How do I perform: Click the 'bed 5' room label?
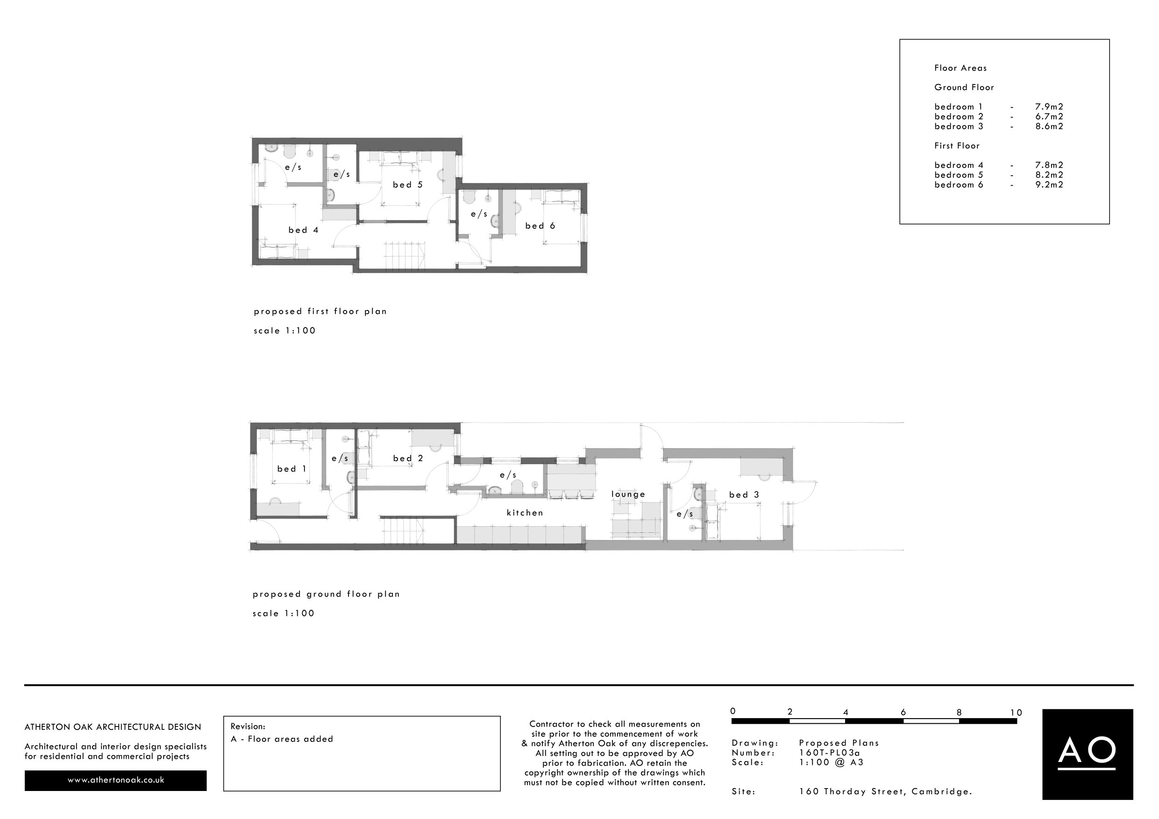pyautogui.click(x=408, y=185)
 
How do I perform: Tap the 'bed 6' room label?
pyautogui.click(x=540, y=226)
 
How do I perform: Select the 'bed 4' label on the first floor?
pyautogui.click(x=303, y=230)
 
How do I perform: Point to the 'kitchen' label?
pyautogui.click(x=525, y=513)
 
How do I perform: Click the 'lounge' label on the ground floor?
pyautogui.click(x=628, y=494)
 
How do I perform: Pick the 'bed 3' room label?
pyautogui.click(x=744, y=495)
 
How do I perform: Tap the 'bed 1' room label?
pyautogui.click(x=292, y=469)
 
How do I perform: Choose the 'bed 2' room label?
pyautogui.click(x=408, y=458)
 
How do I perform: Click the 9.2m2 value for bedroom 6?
pyautogui.click(x=1049, y=185)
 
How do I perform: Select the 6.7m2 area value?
pyautogui.click(x=1049, y=117)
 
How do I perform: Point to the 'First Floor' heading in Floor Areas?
pyautogui.click(x=957, y=146)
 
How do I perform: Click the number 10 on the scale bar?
pyautogui.click(x=1016, y=713)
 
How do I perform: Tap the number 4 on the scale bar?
pyautogui.click(x=846, y=713)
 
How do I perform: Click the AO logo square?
pyautogui.click(x=1088, y=755)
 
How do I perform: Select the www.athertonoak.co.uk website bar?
pyautogui.click(x=115, y=780)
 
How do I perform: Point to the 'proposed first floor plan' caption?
pyautogui.click(x=320, y=311)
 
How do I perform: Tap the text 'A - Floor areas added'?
pyautogui.click(x=282, y=739)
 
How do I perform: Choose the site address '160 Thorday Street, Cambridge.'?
pyautogui.click(x=885, y=791)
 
